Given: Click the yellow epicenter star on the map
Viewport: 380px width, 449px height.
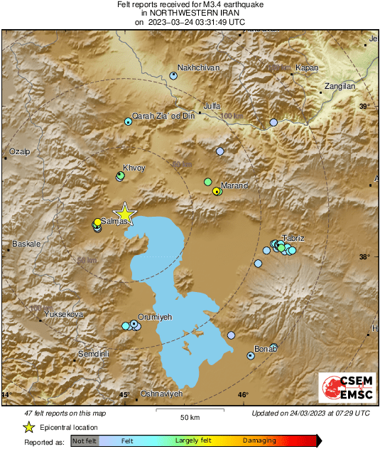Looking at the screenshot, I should point(125,212).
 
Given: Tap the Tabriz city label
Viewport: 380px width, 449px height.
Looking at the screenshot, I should point(293,237).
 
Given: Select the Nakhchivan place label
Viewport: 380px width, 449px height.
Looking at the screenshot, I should point(198,67).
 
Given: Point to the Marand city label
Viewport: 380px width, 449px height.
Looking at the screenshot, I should point(234,185).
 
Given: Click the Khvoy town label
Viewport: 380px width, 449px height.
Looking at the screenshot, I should point(134,168).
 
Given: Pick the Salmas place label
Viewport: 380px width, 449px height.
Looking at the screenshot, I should point(114,221).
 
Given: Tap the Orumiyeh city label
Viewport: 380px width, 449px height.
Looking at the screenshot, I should point(154,317).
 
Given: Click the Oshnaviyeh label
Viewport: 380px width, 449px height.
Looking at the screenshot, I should point(162,394).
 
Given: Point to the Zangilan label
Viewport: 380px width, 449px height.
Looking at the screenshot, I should point(339,86).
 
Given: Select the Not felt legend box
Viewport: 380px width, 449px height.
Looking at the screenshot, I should point(85,441).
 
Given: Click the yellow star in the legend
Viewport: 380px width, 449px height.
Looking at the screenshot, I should point(28,427).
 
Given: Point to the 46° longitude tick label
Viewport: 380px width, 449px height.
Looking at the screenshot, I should point(243,395).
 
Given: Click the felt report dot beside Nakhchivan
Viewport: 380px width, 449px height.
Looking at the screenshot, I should point(173,75).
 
